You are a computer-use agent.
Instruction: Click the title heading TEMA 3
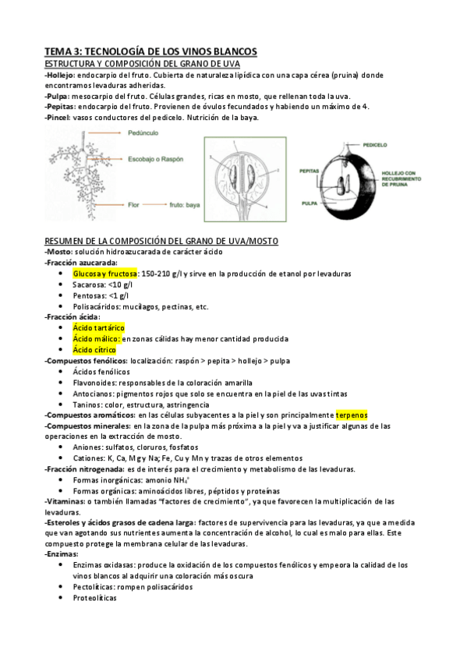(x=150, y=51)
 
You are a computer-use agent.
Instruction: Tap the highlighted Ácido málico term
(x=96, y=339)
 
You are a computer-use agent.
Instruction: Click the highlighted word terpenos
(x=352, y=415)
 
